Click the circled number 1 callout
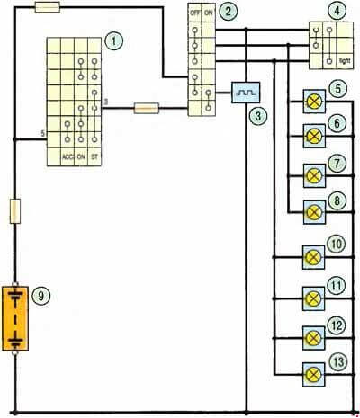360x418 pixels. pos(114,40)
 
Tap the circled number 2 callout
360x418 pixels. pos(228,12)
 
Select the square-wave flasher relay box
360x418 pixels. pos(246,93)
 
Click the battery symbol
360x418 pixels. pos(15,318)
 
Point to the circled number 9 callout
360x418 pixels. pos(40,296)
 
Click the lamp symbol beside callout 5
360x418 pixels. pos(314,102)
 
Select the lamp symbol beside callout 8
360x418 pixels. pos(314,212)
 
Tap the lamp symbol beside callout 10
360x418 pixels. pos(313,257)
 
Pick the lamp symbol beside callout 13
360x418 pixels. pos(313,375)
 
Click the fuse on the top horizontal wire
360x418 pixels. pos(48,7)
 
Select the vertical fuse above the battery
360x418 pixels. pos(15,211)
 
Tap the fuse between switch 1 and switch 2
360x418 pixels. pos(146,108)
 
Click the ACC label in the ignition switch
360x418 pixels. pos(67,156)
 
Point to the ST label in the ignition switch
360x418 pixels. pos(94,156)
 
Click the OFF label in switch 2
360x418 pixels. pos(195,13)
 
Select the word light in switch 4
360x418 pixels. pos(345,61)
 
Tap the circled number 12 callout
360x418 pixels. pos(337,325)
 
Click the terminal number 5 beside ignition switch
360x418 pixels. pos(43,134)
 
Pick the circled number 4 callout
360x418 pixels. pos(337,11)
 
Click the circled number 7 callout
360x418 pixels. pos(337,164)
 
